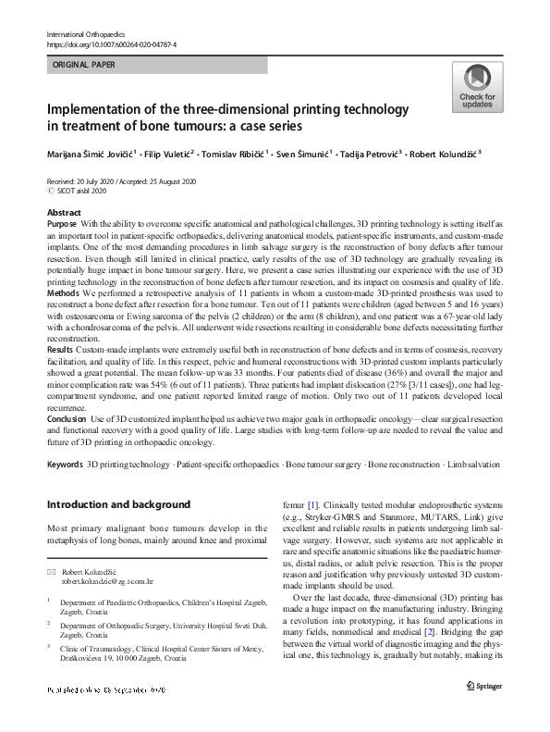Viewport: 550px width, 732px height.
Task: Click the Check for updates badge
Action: click(477, 88)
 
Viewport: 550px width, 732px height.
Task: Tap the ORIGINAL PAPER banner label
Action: click(84, 66)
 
